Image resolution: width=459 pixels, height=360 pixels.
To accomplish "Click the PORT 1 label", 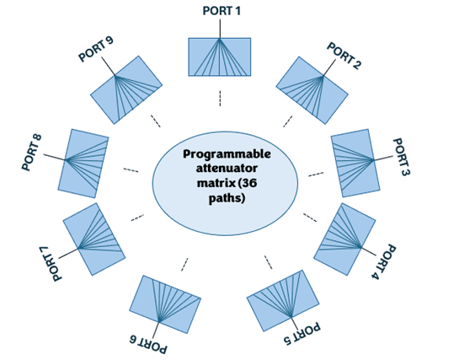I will point(221,10).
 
